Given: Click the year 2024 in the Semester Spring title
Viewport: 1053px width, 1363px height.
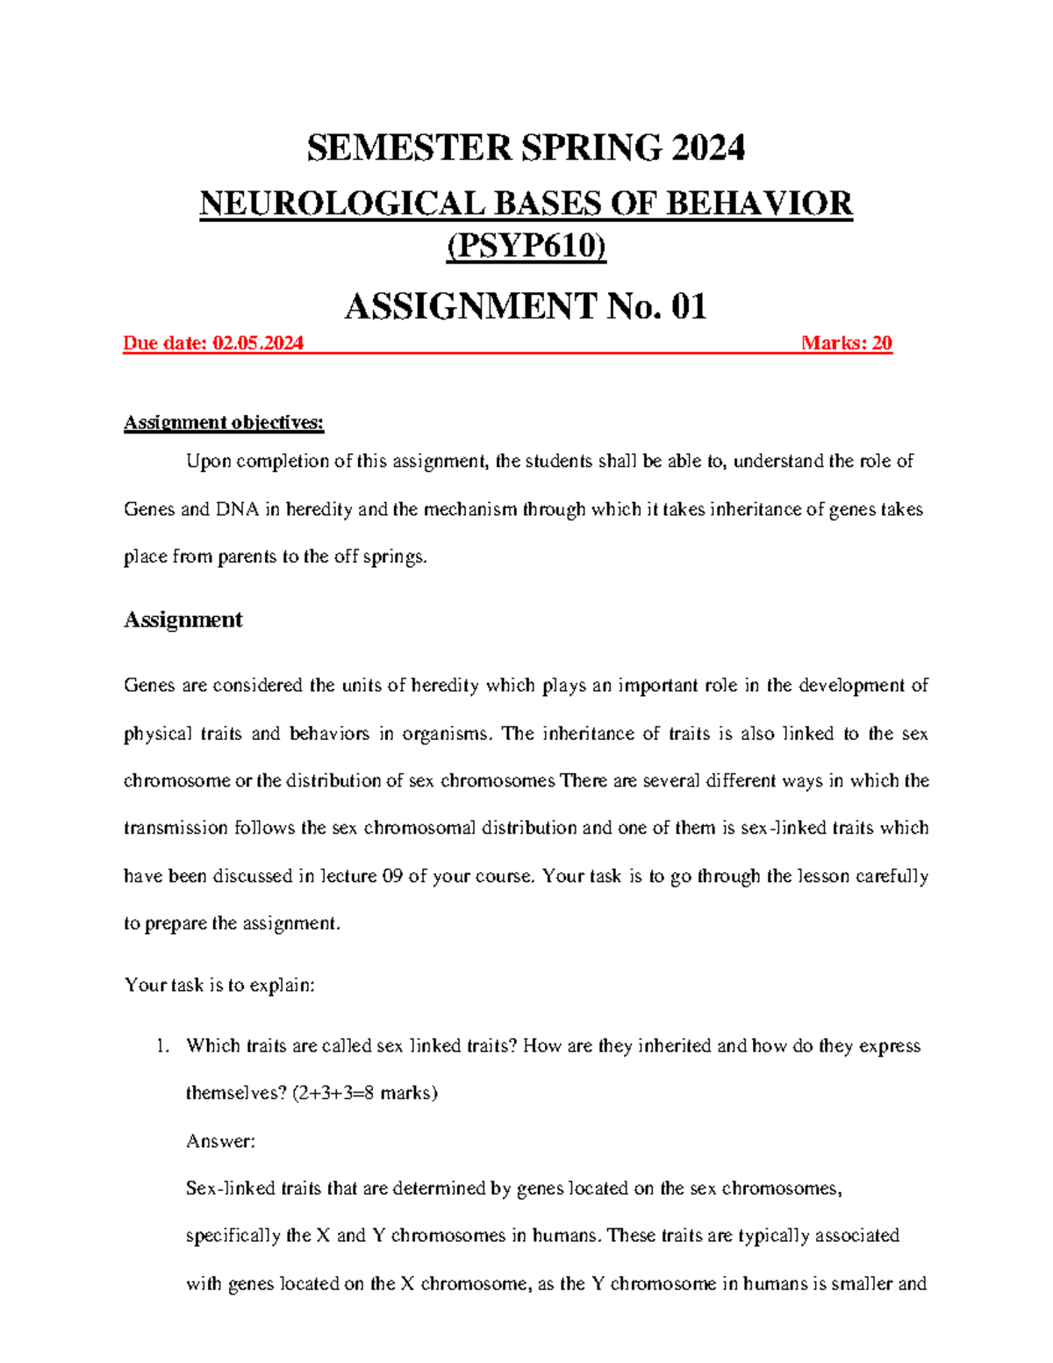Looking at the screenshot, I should click(x=708, y=147).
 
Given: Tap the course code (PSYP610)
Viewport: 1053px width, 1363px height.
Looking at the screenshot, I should click(x=526, y=247).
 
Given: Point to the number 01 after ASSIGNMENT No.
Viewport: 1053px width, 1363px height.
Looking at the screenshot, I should click(x=688, y=306).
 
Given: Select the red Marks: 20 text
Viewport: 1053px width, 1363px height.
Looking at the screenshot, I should click(x=846, y=343).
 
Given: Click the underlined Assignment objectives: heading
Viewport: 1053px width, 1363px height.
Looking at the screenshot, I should click(x=224, y=423).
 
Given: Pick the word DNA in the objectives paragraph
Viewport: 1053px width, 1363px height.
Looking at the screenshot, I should click(x=237, y=509).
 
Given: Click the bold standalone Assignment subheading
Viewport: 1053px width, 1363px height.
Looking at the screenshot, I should click(x=183, y=620).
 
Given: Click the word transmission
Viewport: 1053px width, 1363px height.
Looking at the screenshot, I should click(x=175, y=828).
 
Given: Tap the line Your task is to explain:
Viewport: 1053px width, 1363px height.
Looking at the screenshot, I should click(x=219, y=985).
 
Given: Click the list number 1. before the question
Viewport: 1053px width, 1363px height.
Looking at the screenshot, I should click(x=161, y=1045).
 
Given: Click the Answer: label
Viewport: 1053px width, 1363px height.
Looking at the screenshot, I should click(x=220, y=1141).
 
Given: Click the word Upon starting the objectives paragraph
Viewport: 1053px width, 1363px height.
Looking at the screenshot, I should click(x=208, y=462).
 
